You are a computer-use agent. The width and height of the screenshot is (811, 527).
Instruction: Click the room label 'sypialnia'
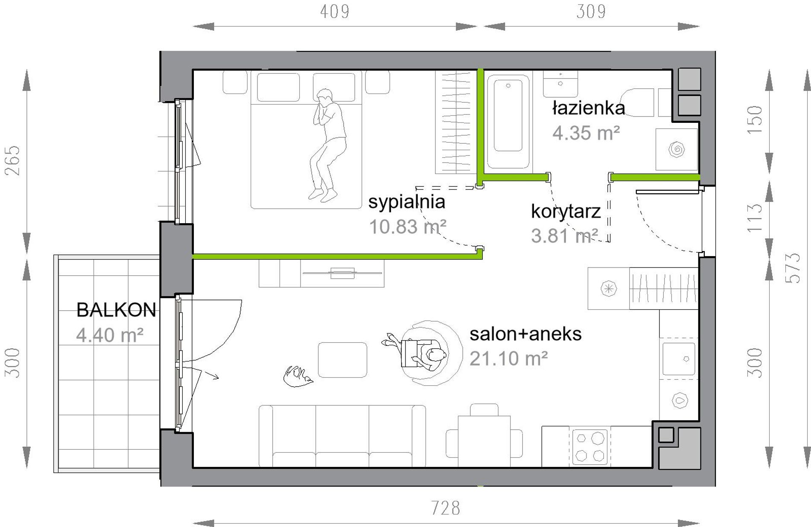(x=407, y=202)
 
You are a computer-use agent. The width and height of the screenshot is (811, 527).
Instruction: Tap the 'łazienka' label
(x=589, y=108)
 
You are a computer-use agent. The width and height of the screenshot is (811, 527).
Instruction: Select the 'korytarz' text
(x=566, y=211)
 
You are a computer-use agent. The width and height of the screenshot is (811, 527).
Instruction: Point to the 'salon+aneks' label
(x=525, y=334)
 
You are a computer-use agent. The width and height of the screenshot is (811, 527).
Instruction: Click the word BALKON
(x=116, y=310)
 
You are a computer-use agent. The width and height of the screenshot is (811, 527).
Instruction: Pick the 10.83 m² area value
(x=408, y=227)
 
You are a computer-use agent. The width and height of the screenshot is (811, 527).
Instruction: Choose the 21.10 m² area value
(x=509, y=358)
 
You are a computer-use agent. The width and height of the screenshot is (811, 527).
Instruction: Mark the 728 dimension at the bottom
(x=446, y=508)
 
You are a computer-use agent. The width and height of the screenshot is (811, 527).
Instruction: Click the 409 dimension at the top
(x=335, y=12)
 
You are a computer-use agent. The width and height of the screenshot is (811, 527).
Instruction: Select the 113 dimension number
(x=755, y=218)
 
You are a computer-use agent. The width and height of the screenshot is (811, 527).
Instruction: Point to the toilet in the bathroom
(x=637, y=102)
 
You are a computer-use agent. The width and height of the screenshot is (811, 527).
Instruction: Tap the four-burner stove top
(x=590, y=447)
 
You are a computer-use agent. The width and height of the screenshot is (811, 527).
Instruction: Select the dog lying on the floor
(x=298, y=376)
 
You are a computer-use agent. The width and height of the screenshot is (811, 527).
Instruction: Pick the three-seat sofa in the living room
(x=342, y=436)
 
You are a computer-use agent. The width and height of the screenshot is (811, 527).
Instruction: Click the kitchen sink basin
(x=679, y=359)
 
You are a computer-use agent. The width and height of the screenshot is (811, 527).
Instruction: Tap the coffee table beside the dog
(x=342, y=360)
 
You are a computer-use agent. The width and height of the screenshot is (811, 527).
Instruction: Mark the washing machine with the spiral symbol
(x=677, y=149)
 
